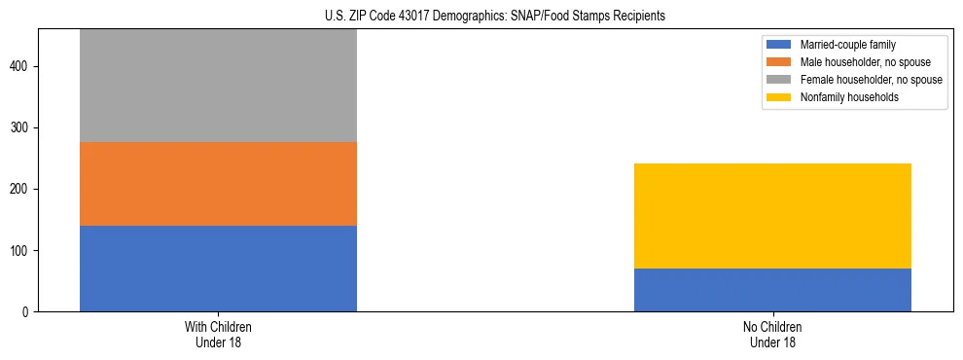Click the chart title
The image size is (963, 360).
pyautogui.click(x=495, y=17)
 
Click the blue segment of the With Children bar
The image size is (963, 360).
pyautogui.click(x=218, y=269)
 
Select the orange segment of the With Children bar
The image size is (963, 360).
pyautogui.click(x=218, y=184)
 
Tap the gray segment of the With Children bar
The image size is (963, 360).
pyautogui.click(x=218, y=86)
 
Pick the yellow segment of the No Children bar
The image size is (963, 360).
pyautogui.click(x=772, y=216)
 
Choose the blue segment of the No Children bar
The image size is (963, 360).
pyautogui.click(x=772, y=290)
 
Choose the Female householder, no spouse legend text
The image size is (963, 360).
pyautogui.click(x=871, y=80)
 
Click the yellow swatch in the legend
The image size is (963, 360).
pyautogui.click(x=779, y=97)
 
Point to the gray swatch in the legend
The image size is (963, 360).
pyautogui.click(x=779, y=80)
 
